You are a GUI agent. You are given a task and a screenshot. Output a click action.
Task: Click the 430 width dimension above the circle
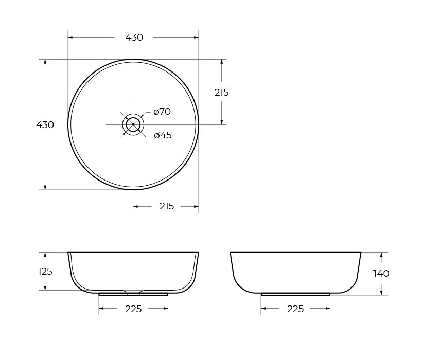134,38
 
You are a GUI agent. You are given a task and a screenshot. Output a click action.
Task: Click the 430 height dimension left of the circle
45,125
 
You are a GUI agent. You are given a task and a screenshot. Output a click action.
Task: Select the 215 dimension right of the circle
221,93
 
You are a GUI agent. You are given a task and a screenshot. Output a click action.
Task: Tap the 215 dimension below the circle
167,206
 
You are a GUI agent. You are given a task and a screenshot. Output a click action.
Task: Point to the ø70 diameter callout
162,112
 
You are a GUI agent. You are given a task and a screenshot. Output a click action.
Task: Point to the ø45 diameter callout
163,135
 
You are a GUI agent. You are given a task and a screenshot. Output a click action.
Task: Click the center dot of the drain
133,124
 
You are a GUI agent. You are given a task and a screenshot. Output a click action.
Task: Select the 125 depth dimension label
45,271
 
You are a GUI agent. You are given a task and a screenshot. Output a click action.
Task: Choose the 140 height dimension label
381,274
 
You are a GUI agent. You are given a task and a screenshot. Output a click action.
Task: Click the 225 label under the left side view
133,309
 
